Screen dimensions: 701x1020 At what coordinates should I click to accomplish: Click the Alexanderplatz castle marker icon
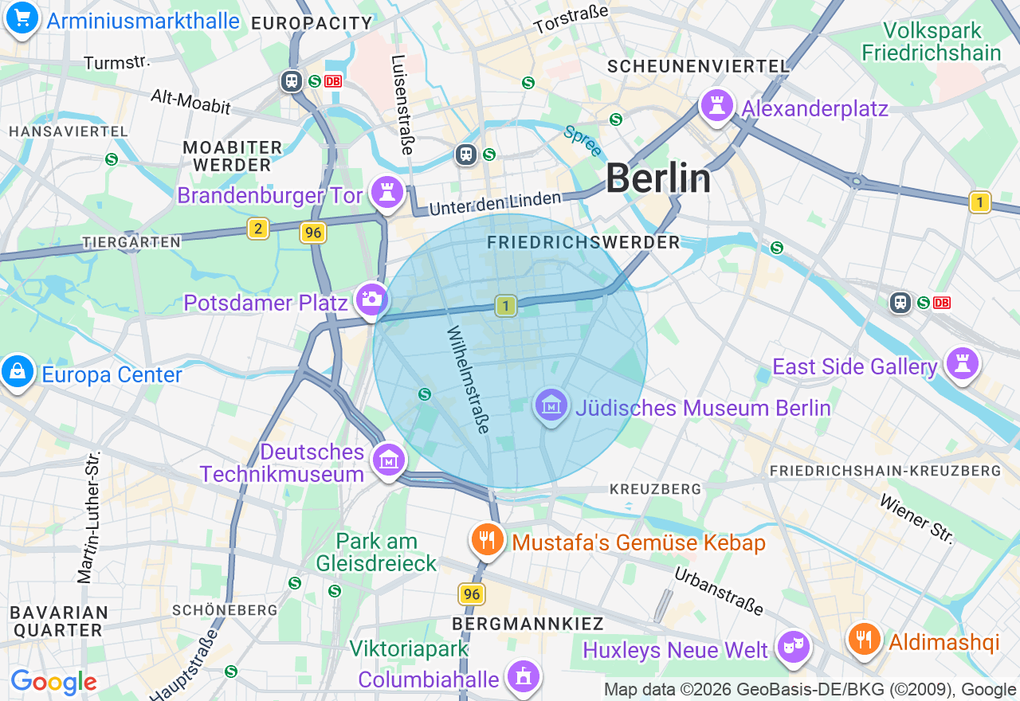point(716,105)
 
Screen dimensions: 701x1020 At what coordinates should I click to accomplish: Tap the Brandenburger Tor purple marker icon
point(387,192)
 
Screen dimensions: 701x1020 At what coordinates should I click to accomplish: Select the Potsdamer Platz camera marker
point(371,300)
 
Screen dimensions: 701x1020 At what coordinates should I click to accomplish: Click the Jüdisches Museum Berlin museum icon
point(551,405)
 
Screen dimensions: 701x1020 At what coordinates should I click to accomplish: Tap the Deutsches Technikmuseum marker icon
point(389,459)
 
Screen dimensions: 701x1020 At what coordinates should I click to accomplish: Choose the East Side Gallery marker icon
point(962,363)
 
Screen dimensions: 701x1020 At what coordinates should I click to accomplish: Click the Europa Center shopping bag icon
point(17,371)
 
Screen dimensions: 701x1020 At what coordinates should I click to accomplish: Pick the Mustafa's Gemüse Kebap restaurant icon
point(487,540)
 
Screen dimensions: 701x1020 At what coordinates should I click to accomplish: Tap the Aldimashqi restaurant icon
point(864,639)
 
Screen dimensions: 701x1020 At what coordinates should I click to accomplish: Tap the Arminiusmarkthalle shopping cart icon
point(22,18)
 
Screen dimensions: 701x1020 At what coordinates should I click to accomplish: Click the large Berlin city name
point(658,178)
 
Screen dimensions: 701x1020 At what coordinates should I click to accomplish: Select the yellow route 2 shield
point(257,229)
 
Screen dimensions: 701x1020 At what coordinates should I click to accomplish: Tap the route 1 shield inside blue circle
point(505,305)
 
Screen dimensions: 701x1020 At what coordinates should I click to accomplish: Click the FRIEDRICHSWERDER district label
point(583,242)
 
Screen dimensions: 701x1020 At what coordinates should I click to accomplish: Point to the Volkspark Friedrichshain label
point(932,41)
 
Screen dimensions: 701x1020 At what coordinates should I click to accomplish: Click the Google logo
point(53,682)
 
